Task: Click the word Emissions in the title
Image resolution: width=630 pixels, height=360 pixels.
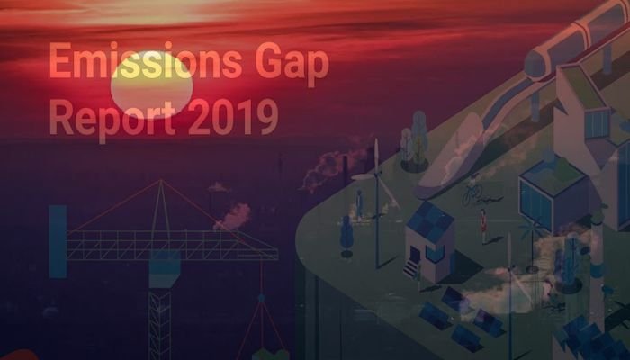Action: click(x=146, y=61)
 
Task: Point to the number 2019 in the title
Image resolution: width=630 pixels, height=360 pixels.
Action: click(x=233, y=116)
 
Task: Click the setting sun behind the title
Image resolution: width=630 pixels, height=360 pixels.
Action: click(x=152, y=85)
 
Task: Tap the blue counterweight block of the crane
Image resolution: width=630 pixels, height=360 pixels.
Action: click(x=58, y=241)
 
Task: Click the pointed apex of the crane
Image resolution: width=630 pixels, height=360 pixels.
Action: click(x=161, y=180)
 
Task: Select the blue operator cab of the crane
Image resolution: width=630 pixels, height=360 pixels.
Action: click(x=165, y=268)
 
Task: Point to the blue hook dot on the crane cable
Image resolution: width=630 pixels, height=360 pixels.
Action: click(x=261, y=298)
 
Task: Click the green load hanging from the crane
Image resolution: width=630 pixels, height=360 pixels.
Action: click(x=270, y=355)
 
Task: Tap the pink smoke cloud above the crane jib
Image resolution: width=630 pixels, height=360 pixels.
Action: click(x=234, y=217)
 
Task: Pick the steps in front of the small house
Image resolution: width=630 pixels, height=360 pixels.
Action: click(x=410, y=269)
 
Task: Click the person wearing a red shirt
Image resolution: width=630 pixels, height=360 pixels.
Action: click(x=483, y=226)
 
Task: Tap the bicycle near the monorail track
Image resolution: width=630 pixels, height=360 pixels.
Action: click(x=472, y=194)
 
